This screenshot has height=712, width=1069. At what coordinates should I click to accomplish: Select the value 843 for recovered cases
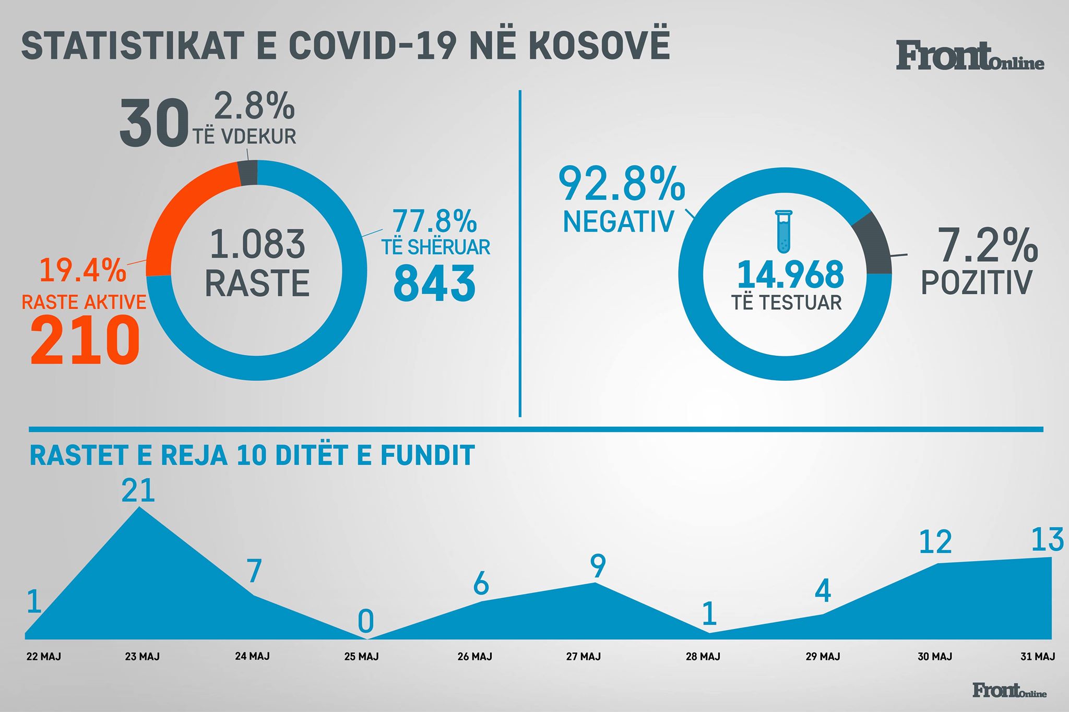click(434, 283)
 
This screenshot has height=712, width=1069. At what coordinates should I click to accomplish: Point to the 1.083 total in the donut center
click(257, 244)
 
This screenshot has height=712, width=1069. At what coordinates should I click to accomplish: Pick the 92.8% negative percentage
click(621, 184)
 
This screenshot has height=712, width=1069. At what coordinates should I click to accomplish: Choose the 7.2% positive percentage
click(988, 245)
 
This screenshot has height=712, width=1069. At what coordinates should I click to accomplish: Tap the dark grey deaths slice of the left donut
click(248, 173)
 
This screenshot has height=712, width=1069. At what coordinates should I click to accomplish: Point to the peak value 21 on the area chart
click(138, 490)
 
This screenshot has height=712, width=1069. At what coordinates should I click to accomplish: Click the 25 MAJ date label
click(361, 656)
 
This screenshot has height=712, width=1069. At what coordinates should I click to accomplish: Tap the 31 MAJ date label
click(1038, 656)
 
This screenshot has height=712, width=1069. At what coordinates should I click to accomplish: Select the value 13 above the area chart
click(1047, 540)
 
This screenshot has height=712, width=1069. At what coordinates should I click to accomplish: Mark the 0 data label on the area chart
click(366, 621)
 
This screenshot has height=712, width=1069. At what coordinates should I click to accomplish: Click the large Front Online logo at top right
click(970, 56)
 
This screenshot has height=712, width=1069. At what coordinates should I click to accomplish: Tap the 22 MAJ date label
click(44, 656)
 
